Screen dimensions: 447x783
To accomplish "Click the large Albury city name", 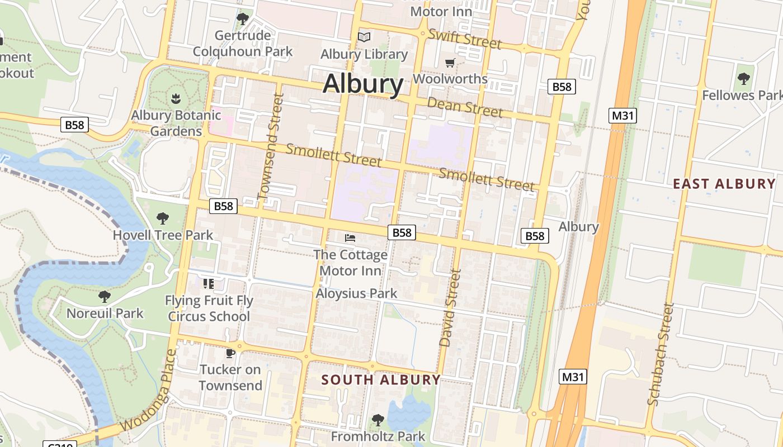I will point(363,84).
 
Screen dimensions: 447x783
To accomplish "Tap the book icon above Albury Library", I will point(364,37).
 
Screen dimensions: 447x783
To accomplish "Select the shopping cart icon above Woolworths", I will point(450,62).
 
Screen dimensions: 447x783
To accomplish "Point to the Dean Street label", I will point(465,107).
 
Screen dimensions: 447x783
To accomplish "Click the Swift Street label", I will point(465,38).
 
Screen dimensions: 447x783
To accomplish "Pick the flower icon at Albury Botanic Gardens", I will point(176,99).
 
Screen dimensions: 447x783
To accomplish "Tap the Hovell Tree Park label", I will point(163,235).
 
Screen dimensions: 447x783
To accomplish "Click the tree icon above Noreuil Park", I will point(104,297).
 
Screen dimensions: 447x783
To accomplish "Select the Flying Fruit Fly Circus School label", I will point(209,308).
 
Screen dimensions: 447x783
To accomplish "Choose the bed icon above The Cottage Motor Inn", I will point(350,238).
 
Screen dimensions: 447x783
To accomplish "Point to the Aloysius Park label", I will point(356,293).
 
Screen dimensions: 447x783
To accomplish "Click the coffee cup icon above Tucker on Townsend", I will point(230,353).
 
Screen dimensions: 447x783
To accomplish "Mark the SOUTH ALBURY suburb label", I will point(381,380).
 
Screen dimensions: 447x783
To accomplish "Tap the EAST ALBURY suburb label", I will point(724,184).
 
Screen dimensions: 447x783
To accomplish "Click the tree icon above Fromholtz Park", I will point(378,420).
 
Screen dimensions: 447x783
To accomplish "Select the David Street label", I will point(450,308).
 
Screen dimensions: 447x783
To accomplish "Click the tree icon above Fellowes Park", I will point(743,79).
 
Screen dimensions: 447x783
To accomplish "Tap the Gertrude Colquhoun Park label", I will point(243,44).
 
